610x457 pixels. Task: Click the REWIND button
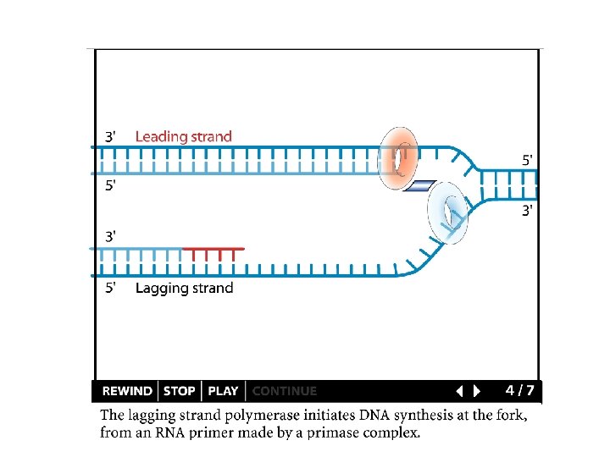click(x=127, y=391)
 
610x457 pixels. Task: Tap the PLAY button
click(x=223, y=391)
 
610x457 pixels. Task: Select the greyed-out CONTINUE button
click(x=285, y=391)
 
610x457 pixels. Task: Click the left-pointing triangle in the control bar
click(x=458, y=391)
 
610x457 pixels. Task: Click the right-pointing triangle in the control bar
click(x=477, y=391)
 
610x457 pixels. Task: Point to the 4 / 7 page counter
click(x=519, y=390)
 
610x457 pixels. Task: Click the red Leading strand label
click(x=183, y=136)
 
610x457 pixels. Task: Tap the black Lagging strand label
click(x=184, y=288)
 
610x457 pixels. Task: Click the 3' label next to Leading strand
click(x=111, y=136)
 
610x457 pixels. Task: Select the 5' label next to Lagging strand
click(x=111, y=288)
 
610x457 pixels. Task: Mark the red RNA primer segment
click(x=213, y=250)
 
